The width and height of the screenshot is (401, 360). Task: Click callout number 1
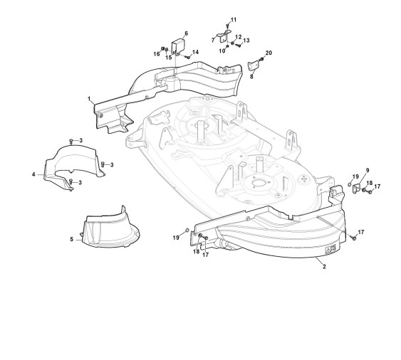[x=89, y=99]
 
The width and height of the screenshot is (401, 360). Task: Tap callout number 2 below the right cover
[x=324, y=267]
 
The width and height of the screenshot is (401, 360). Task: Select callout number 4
[x=33, y=174]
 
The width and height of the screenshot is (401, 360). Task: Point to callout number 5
[x=72, y=239]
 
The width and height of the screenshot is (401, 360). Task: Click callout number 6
[x=186, y=33]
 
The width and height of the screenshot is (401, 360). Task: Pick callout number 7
[x=213, y=40]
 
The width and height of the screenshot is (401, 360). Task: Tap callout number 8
[x=251, y=76]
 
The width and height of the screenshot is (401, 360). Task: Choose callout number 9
[x=368, y=170]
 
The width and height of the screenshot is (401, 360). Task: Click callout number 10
[x=222, y=51]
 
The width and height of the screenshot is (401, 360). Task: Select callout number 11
[x=234, y=20]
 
